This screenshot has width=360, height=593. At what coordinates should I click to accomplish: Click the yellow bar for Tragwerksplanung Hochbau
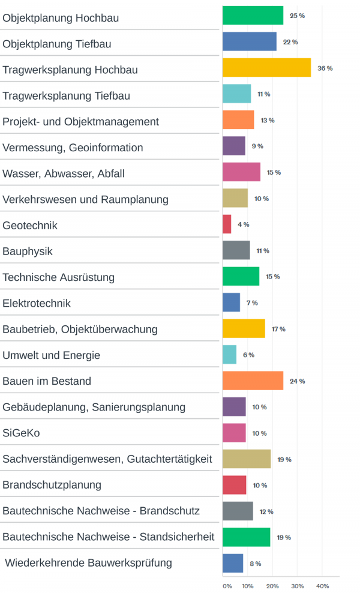[x=266, y=68]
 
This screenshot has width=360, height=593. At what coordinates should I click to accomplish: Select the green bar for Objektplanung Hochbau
[x=253, y=16]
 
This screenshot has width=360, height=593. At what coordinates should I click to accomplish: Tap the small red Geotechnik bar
[x=227, y=224]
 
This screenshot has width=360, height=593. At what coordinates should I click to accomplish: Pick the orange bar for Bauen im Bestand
[x=253, y=381]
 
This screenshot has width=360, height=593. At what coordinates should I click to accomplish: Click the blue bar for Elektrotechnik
[x=231, y=303]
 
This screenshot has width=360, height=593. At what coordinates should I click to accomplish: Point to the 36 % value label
[x=325, y=68]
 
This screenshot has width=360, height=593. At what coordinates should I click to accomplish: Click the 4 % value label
[x=243, y=224]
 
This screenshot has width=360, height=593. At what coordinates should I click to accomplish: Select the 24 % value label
[x=298, y=381]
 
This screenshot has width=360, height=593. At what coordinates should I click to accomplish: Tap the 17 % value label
[x=278, y=329]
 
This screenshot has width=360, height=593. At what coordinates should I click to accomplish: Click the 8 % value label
[x=255, y=564]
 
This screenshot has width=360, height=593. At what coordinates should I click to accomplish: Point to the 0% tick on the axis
[x=227, y=586]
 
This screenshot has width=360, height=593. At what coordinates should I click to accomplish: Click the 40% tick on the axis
[x=322, y=586]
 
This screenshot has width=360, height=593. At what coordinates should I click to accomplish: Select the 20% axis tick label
[x=272, y=586]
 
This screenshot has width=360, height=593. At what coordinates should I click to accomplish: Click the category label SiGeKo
[x=21, y=433]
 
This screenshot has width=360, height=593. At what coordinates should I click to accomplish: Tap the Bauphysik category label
[x=28, y=251]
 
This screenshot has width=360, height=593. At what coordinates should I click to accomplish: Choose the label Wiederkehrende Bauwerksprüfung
[x=88, y=563]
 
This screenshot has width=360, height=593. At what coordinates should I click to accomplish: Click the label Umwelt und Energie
[x=51, y=355]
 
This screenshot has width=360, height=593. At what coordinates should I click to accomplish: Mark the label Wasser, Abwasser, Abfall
[x=63, y=173]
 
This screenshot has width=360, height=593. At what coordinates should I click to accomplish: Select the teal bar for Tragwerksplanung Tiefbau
[x=236, y=94]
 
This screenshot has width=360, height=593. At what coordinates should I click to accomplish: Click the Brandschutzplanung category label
[x=52, y=484]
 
